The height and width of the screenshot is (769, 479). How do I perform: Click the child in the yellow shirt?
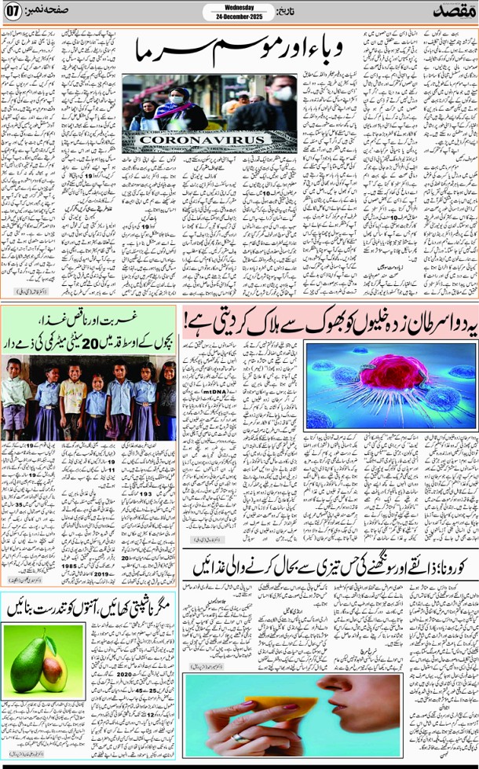(x=72, y=393)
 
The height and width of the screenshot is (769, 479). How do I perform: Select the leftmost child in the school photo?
(x=14, y=397)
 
